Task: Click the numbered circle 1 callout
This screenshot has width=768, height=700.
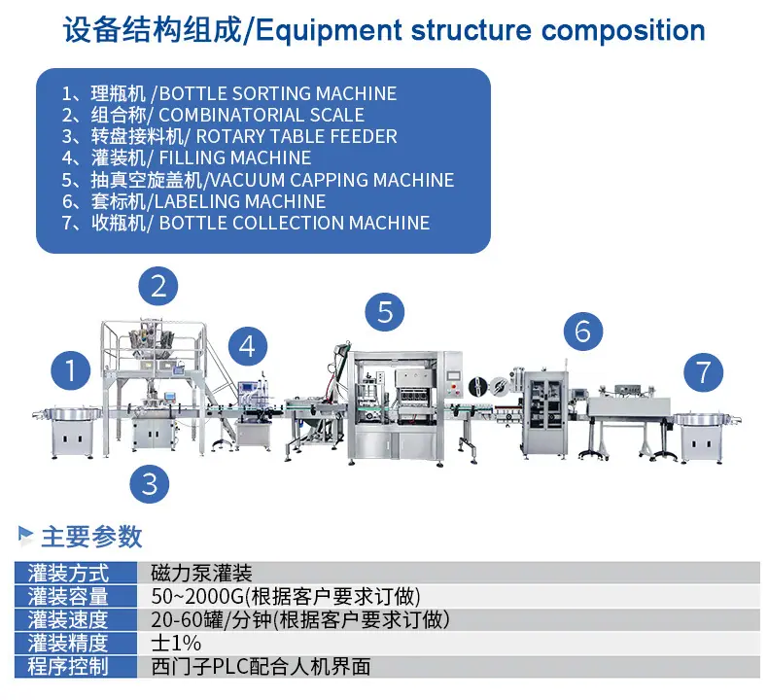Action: (x=71, y=370)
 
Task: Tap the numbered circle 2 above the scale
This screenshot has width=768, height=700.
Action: (x=157, y=286)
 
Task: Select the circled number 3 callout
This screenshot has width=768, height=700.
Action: (x=150, y=483)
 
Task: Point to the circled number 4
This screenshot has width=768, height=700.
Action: (x=248, y=346)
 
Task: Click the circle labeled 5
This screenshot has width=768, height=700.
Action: (x=385, y=312)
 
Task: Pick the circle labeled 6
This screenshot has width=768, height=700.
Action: (x=583, y=332)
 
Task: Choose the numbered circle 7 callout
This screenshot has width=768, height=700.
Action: (x=703, y=372)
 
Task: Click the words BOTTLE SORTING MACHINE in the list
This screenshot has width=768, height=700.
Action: (x=278, y=93)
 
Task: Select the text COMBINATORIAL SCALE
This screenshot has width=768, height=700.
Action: (x=262, y=115)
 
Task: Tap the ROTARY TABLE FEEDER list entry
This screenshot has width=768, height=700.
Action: (x=297, y=136)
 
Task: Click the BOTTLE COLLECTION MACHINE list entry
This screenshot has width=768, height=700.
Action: (x=295, y=223)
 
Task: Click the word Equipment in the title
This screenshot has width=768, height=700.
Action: (x=330, y=31)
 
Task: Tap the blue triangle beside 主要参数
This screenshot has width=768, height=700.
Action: (x=25, y=535)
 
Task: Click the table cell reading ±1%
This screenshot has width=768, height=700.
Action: (x=176, y=643)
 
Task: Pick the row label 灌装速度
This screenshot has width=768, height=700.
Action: (x=68, y=619)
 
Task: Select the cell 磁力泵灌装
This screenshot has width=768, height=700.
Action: (x=202, y=573)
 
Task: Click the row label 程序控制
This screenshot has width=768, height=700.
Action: (x=68, y=666)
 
